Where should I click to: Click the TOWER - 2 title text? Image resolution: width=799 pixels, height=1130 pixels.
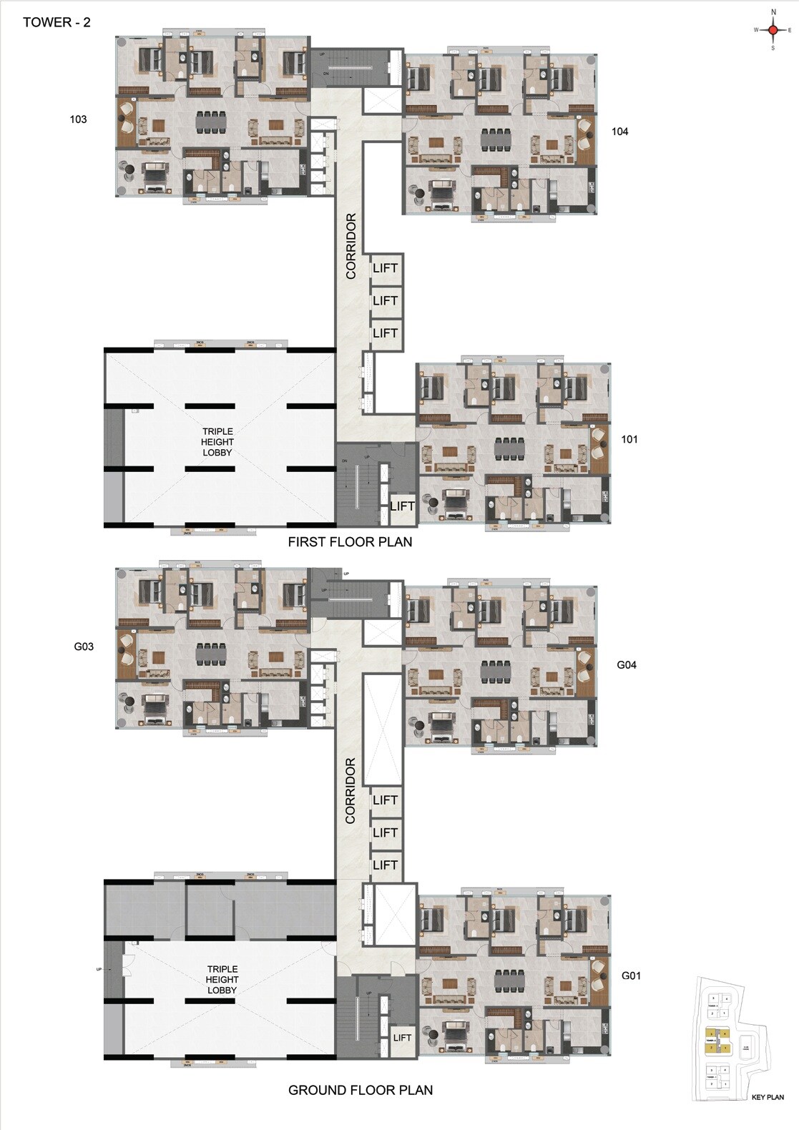57,22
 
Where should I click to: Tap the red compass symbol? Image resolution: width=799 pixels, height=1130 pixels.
773,30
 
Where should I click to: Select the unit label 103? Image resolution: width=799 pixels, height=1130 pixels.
78,119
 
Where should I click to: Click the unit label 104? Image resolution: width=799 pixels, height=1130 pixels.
619,132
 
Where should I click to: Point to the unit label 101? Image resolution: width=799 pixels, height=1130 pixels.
629,439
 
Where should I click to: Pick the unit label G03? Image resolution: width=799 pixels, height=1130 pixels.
84,647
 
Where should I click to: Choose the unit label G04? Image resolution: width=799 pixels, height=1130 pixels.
627,664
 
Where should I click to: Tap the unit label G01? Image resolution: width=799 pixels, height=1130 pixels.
630,976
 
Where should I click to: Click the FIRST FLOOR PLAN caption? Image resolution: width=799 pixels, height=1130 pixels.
350,542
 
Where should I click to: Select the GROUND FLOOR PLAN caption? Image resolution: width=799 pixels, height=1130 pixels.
360,1090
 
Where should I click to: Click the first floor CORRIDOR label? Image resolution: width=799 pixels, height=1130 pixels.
351,246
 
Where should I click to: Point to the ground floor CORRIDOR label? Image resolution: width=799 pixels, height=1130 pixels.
351,790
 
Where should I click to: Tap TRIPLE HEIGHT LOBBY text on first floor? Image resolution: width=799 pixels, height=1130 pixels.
217,442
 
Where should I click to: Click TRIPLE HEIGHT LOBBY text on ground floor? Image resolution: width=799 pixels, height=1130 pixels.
222,980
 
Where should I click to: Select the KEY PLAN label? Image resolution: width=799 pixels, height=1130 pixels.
768,1097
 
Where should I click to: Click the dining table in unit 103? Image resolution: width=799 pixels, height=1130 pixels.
210,122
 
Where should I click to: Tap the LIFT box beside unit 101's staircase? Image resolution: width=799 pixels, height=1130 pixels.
402,506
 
